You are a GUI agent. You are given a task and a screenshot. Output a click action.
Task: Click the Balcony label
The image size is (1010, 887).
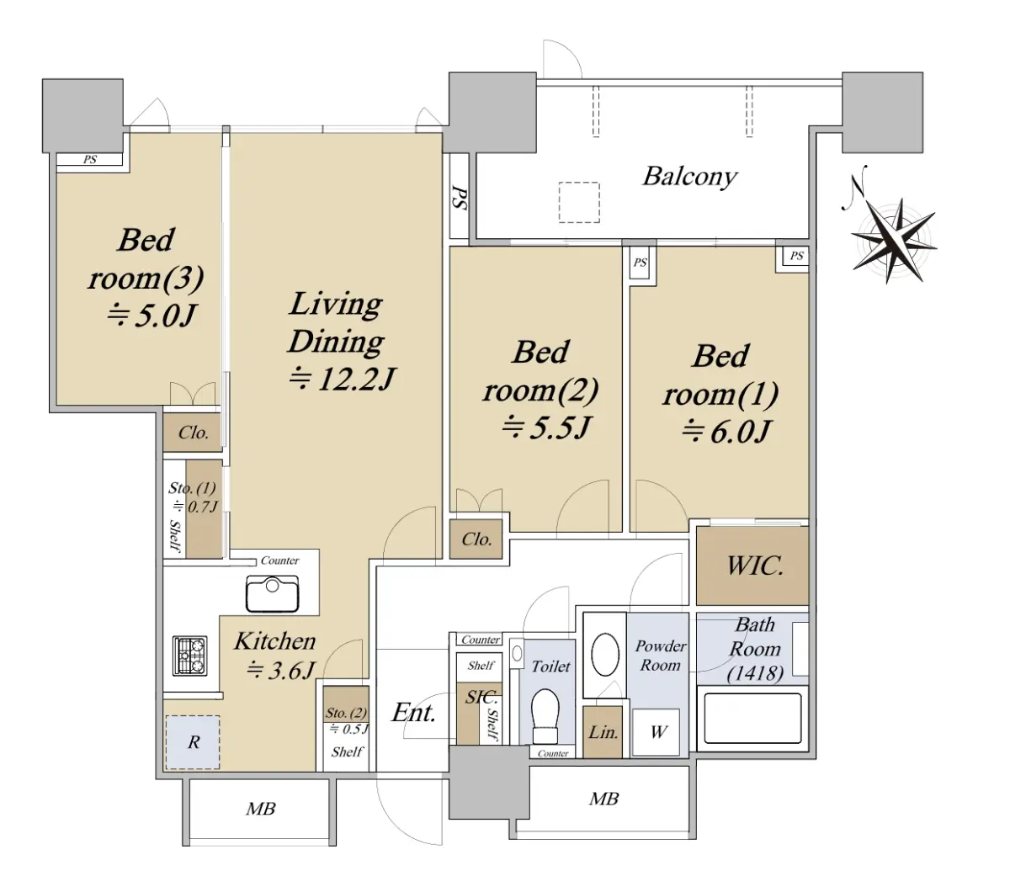689,177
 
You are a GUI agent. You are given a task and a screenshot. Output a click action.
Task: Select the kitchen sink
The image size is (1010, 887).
272,594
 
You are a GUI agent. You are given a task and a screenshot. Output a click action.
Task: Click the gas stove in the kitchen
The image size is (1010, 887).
190,656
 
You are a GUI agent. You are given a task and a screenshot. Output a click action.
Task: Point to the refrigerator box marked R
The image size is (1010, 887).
193,742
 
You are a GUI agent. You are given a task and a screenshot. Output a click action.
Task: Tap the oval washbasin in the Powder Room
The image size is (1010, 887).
604,654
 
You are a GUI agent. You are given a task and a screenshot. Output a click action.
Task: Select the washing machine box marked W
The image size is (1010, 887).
656,732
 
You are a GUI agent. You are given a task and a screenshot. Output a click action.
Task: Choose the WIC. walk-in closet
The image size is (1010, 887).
752,566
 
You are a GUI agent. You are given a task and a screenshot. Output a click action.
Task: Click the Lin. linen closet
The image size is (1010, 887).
602,732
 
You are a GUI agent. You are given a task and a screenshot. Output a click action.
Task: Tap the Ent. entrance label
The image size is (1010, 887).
413,713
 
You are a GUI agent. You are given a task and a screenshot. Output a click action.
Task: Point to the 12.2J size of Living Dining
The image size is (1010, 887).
343,380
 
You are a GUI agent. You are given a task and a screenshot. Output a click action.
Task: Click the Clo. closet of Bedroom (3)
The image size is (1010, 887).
193,433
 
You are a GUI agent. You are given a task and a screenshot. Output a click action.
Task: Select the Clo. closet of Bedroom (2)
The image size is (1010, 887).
476,539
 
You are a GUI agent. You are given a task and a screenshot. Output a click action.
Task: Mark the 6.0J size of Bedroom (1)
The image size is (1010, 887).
726,431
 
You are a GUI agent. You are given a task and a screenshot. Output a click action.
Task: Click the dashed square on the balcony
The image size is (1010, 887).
579,203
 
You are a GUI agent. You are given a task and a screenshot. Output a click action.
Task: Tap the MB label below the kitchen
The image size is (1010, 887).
260,809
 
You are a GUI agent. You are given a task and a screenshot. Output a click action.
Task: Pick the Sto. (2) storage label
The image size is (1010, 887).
346,713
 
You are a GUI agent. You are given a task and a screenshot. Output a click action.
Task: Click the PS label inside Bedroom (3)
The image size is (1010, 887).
90,160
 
